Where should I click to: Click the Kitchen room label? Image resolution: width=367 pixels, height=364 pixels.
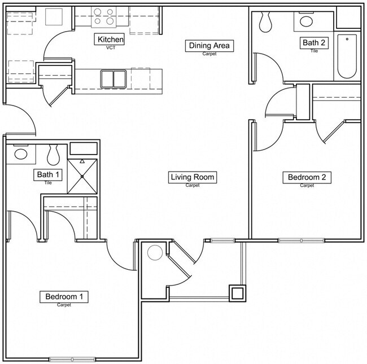tap(111, 40)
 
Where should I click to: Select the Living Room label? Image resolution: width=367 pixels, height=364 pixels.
tap(193, 177)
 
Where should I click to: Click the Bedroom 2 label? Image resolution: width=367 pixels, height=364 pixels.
tap(307, 177)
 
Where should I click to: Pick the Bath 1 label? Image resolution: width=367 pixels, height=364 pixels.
tap(49, 174)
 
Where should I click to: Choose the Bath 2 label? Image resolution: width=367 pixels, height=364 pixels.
tap(314, 42)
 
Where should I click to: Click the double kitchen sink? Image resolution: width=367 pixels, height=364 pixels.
tap(114, 78)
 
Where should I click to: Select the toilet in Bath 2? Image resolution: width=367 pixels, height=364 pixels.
tap(265, 21)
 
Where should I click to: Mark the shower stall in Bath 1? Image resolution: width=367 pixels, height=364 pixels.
tap(83, 174)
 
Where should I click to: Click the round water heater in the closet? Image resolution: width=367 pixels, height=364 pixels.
tap(155, 252)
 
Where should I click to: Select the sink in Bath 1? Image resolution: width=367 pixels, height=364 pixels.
tap(21, 153)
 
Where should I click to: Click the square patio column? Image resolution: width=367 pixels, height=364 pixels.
tap(236, 293)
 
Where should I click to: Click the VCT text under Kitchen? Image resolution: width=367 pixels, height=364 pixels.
tap(111, 48)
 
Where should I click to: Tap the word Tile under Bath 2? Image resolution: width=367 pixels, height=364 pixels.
tap(314, 51)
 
